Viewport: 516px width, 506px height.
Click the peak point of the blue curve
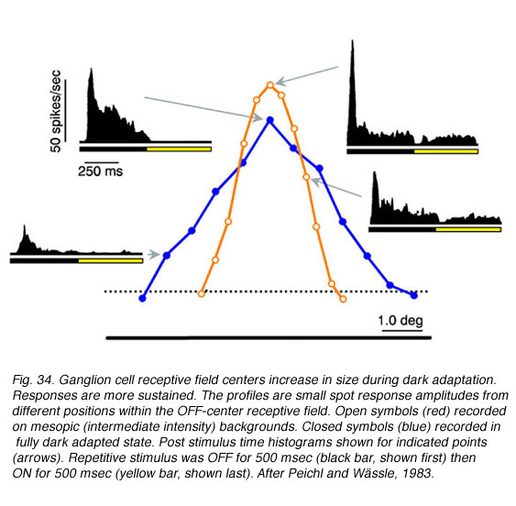(269, 120)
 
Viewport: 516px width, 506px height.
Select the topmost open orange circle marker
(270, 85)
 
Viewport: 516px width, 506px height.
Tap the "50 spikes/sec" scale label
(56, 111)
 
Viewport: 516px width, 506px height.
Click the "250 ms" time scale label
(101, 171)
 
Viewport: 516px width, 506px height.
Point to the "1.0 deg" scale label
(401, 320)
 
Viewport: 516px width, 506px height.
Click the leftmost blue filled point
(142, 299)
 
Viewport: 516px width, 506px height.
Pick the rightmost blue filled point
(414, 296)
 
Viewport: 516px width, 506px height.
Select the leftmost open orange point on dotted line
(201, 293)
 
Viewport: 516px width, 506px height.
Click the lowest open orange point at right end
(343, 299)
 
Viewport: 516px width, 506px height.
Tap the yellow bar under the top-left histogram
(179, 149)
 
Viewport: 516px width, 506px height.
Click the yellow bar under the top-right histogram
(446, 151)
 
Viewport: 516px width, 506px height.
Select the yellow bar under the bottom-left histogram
(111, 261)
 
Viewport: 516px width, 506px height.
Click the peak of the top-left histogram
(91, 69)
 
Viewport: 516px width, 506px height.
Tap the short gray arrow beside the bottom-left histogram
(153, 255)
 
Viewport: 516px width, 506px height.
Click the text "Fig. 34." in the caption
(33, 379)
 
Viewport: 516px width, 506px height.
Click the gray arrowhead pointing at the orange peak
(280, 82)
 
